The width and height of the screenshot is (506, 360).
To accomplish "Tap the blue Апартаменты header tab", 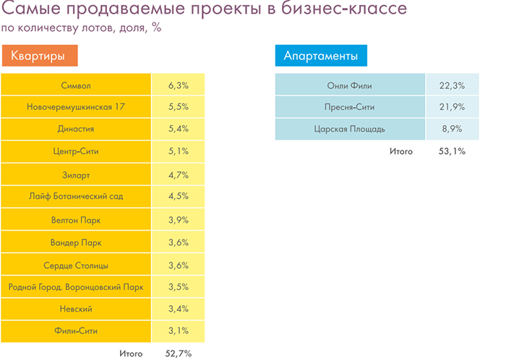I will coord(321,56).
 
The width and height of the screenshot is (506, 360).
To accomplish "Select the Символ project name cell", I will coord(76,85).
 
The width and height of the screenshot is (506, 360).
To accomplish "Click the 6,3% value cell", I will coord(178,85).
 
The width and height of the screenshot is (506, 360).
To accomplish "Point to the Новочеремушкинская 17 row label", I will coord(76,107).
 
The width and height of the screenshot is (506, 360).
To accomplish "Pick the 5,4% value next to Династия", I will coord(178,129).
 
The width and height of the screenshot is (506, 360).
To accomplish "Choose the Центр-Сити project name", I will coord(76,151).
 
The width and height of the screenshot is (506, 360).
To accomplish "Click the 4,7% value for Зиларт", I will coord(178,173).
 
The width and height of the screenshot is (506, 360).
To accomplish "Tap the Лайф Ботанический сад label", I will coord(76,196).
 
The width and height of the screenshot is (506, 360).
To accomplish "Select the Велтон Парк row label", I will coord(76,219).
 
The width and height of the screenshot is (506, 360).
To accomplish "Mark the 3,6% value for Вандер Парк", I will coord(178,241).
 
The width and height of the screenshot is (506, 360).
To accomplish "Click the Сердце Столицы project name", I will coord(76,264).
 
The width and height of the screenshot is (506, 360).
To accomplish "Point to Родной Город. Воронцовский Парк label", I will coord(76,286).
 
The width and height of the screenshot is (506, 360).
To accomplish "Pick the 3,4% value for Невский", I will coord(178,309).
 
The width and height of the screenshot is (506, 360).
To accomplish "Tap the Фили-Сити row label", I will coord(76,331).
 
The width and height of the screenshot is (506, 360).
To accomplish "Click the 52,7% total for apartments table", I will coord(178,353).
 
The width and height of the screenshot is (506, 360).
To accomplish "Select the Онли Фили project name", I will coord(350,85).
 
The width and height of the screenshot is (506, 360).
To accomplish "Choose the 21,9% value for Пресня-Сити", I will coord(451,107).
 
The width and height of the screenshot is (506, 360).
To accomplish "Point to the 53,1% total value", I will coord(451,151).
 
